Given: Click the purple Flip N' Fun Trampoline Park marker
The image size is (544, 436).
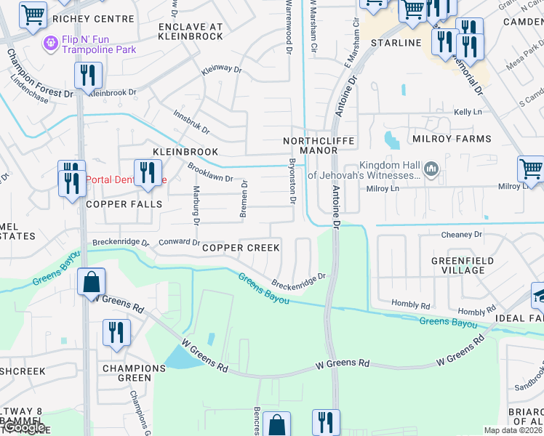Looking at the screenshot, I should pos(50,43).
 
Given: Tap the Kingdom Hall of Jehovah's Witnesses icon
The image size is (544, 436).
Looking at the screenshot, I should pos(431,170).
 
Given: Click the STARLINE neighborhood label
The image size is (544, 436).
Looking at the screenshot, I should pos(396,43).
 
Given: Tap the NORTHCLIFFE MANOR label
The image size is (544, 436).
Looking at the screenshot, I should pos(310,145).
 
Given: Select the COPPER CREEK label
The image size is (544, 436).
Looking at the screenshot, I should pos(241,248).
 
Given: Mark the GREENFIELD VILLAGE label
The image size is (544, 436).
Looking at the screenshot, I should pos(463,265).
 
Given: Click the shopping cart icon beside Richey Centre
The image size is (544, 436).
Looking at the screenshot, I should pos(33,15).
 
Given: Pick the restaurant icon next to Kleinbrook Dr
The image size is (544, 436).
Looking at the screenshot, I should pos(88,75).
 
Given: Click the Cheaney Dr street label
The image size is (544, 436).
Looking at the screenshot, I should pos(462,235).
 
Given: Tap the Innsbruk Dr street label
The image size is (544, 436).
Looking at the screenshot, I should pos(191,122).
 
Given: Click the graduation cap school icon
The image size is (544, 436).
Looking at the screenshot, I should pos(539,294).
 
